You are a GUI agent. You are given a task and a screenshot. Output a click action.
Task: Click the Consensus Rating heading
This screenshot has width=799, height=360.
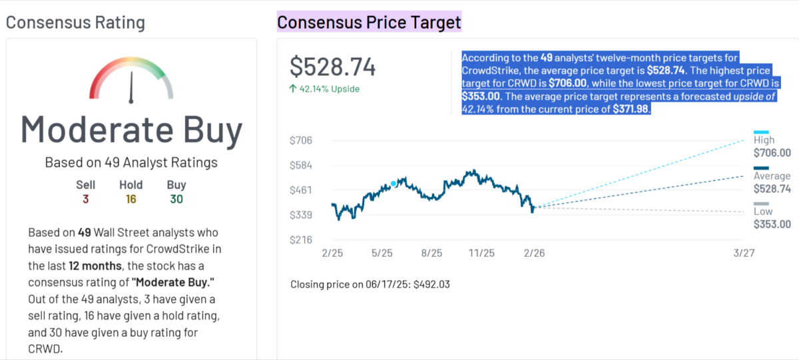coord(75,23)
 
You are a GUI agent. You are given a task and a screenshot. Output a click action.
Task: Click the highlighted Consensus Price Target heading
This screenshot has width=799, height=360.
coord(369,22)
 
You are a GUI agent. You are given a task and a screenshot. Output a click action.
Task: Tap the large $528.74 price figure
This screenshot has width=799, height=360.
coord(333,67)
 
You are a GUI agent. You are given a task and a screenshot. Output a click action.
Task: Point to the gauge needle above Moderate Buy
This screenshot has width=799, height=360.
coord(131,87)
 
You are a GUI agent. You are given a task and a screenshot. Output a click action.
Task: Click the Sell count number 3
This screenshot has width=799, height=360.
coord(85,199)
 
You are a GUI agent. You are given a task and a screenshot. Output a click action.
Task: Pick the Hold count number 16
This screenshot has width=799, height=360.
coord(131,199)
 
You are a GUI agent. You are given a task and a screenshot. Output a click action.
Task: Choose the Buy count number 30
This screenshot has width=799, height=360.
coord(176,199)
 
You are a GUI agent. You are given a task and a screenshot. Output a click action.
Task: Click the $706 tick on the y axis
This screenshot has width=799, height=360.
coord(300,140)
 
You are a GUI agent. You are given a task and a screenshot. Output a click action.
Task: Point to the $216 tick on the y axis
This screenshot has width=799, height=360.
coord(300,240)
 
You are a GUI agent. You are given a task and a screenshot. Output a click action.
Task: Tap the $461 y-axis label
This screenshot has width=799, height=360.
coord(300,190)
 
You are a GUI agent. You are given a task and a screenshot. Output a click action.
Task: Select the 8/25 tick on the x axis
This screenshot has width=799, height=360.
coord(431,254)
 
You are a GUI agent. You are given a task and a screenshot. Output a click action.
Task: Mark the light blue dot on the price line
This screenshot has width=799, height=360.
coord(394,183)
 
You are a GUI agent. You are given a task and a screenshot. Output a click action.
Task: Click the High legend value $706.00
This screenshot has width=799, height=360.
coord(772,153)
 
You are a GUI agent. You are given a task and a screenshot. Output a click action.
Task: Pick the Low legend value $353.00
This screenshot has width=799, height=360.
coord(772,224)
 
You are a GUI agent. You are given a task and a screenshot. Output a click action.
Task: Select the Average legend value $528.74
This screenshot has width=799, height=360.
coord(772,189)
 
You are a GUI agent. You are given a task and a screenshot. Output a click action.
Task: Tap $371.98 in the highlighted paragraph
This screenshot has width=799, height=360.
coord(631,108)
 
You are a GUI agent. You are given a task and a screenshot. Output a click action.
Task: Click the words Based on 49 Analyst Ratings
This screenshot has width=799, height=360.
coord(131,162)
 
